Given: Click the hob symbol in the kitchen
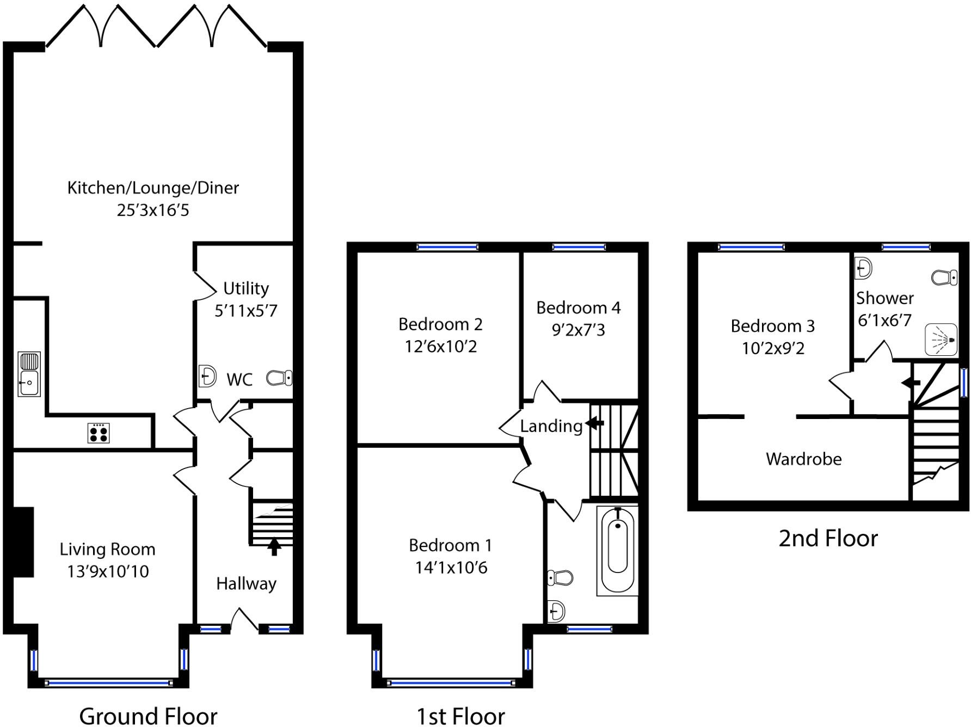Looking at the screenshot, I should coord(99,433).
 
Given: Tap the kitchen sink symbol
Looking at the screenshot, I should coord(29,374).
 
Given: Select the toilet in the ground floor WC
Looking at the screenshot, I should coord(280,378).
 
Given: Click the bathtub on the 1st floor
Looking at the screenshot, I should coord(617,550).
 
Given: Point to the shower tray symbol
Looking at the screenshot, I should coord(942,340).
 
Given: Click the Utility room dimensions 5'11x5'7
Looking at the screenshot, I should coord(246,311).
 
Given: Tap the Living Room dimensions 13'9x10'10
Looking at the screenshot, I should coord(108,571).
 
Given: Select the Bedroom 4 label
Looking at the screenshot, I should coord(578,308).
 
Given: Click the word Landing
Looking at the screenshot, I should coord(551,426).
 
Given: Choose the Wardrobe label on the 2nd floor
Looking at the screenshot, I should coord(803,459).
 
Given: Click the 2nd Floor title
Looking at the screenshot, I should coord(828,538).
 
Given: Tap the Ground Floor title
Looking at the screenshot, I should coord(148,716).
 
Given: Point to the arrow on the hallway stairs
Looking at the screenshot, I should coord(274,546).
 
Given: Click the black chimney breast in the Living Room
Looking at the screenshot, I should coord(23,542).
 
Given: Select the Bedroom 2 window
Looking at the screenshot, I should coord(447,247).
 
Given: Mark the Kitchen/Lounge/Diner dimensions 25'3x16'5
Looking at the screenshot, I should coord(153,210).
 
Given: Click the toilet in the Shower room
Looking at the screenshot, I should coord(944,278).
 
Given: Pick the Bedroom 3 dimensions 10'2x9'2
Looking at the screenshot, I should coord(773,348).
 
